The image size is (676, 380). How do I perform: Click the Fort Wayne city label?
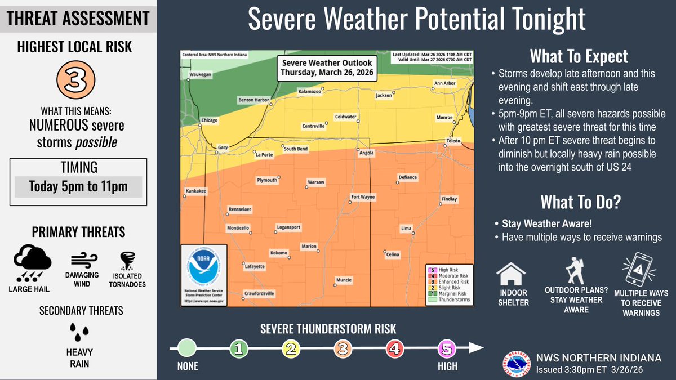(x=363, y=198)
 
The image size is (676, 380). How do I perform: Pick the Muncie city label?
(x=343, y=280)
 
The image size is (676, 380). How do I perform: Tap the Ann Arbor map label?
(x=444, y=83)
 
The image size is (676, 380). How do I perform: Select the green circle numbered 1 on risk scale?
(x=238, y=349)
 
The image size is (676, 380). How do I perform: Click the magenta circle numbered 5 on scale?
(x=446, y=349)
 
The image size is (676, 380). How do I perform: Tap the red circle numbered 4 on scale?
(x=394, y=349)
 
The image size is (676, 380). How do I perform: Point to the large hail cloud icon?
(x=33, y=262)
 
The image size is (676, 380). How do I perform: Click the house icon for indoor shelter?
(x=512, y=275)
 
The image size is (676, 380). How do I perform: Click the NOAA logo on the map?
(x=204, y=268)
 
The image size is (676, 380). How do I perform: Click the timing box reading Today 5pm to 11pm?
(x=78, y=186)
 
